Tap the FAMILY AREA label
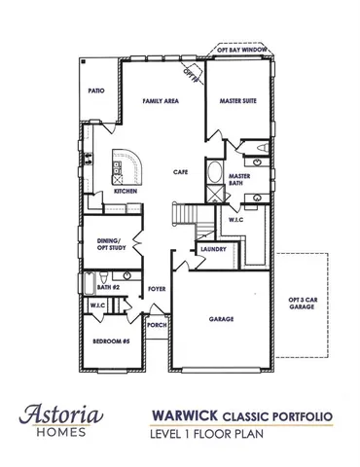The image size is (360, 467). (x=160, y=101)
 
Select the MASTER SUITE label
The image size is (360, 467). (x=237, y=101)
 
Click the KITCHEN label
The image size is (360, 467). (x=125, y=192)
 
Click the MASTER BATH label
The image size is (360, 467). (x=239, y=180)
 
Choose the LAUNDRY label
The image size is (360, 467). (x=213, y=250)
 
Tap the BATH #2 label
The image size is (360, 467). (x=107, y=288)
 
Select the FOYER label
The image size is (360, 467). (x=156, y=289)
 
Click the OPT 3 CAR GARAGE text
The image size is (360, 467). (x=302, y=304)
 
